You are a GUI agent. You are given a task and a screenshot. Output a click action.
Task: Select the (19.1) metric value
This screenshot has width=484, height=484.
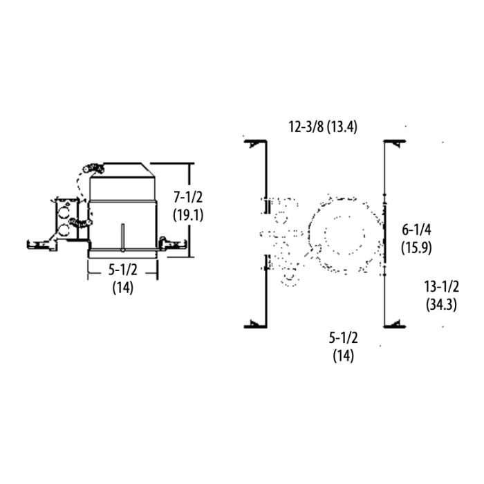(x=189, y=214)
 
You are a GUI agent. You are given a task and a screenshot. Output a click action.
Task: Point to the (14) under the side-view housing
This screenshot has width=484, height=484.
(x=122, y=288)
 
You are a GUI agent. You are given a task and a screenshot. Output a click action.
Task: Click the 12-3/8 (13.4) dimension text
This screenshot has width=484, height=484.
(x=323, y=127)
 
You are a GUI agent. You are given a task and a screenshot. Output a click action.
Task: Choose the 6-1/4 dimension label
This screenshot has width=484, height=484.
(x=418, y=229)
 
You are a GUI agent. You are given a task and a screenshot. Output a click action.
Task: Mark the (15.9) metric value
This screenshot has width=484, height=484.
(x=418, y=246)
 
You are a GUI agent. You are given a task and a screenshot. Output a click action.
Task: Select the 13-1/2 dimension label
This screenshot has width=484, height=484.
(x=441, y=286)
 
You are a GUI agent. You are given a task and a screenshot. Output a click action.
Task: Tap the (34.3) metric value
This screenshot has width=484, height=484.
(x=441, y=304)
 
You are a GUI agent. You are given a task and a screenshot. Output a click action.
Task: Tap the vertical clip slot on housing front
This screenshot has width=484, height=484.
(x=122, y=237)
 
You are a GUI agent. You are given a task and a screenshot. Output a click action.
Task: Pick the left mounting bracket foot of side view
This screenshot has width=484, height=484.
(x=38, y=244)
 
